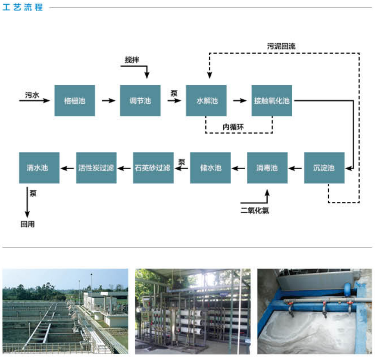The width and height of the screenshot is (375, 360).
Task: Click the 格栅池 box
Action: pos(75,101)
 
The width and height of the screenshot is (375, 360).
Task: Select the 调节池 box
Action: pos(141,101)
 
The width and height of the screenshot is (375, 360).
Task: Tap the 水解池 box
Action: pos(206,101)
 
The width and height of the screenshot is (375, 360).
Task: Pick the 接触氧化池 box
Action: pos(272,101)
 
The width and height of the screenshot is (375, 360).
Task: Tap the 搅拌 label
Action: pos(132,60)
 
